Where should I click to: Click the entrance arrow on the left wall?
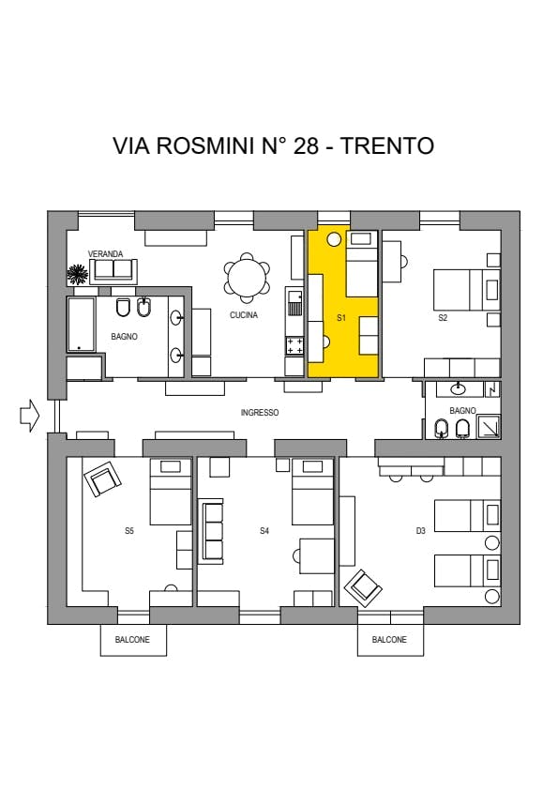coord(29,416)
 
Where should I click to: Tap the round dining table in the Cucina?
coord(247,277)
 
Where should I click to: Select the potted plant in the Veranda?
coord(77,274)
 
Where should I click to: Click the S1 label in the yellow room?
coord(341,318)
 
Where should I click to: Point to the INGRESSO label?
coord(260,413)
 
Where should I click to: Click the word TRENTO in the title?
coord(387,146)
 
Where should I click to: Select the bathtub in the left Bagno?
coord(81,324)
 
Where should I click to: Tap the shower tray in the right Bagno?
coord(489,425)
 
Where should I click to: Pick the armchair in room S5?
coord(102,479)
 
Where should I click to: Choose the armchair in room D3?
coord(363,588)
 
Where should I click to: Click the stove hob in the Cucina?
coord(294,346)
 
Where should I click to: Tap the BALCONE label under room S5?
coord(132,639)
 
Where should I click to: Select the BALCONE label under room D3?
coord(389,639)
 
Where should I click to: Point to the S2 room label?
coord(443,318)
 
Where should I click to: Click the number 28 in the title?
coord(306,146)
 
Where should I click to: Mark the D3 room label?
coord(420,530)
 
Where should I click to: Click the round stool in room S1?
coord(334,240)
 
